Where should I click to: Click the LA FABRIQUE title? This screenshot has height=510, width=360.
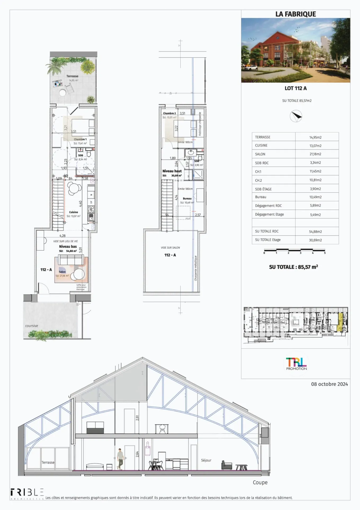click(296, 14)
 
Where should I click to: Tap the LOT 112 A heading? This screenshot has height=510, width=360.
click(296, 88)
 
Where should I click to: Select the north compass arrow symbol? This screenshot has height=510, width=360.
click(296, 116)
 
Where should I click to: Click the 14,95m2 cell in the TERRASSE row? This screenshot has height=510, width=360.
click(315, 137)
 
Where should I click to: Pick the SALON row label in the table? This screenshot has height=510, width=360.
click(260, 154)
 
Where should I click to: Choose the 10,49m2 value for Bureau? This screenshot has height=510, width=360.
click(315, 197)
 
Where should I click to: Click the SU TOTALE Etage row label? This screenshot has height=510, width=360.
click(268, 240)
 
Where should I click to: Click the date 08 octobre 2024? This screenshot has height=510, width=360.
click(329, 384)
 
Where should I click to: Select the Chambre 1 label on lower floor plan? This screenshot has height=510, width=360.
click(80, 139)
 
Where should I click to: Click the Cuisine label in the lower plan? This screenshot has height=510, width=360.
click(73, 212)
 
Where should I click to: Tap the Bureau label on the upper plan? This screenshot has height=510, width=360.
click(187, 199)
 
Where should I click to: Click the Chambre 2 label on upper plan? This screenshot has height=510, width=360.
click(169, 113)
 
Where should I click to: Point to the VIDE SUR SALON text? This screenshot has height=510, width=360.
click(170, 248)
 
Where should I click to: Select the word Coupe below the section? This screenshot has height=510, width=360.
click(260, 482)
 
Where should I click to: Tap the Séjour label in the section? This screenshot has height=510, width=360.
click(206, 460)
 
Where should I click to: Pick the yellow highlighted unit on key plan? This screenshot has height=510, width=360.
click(340, 322)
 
